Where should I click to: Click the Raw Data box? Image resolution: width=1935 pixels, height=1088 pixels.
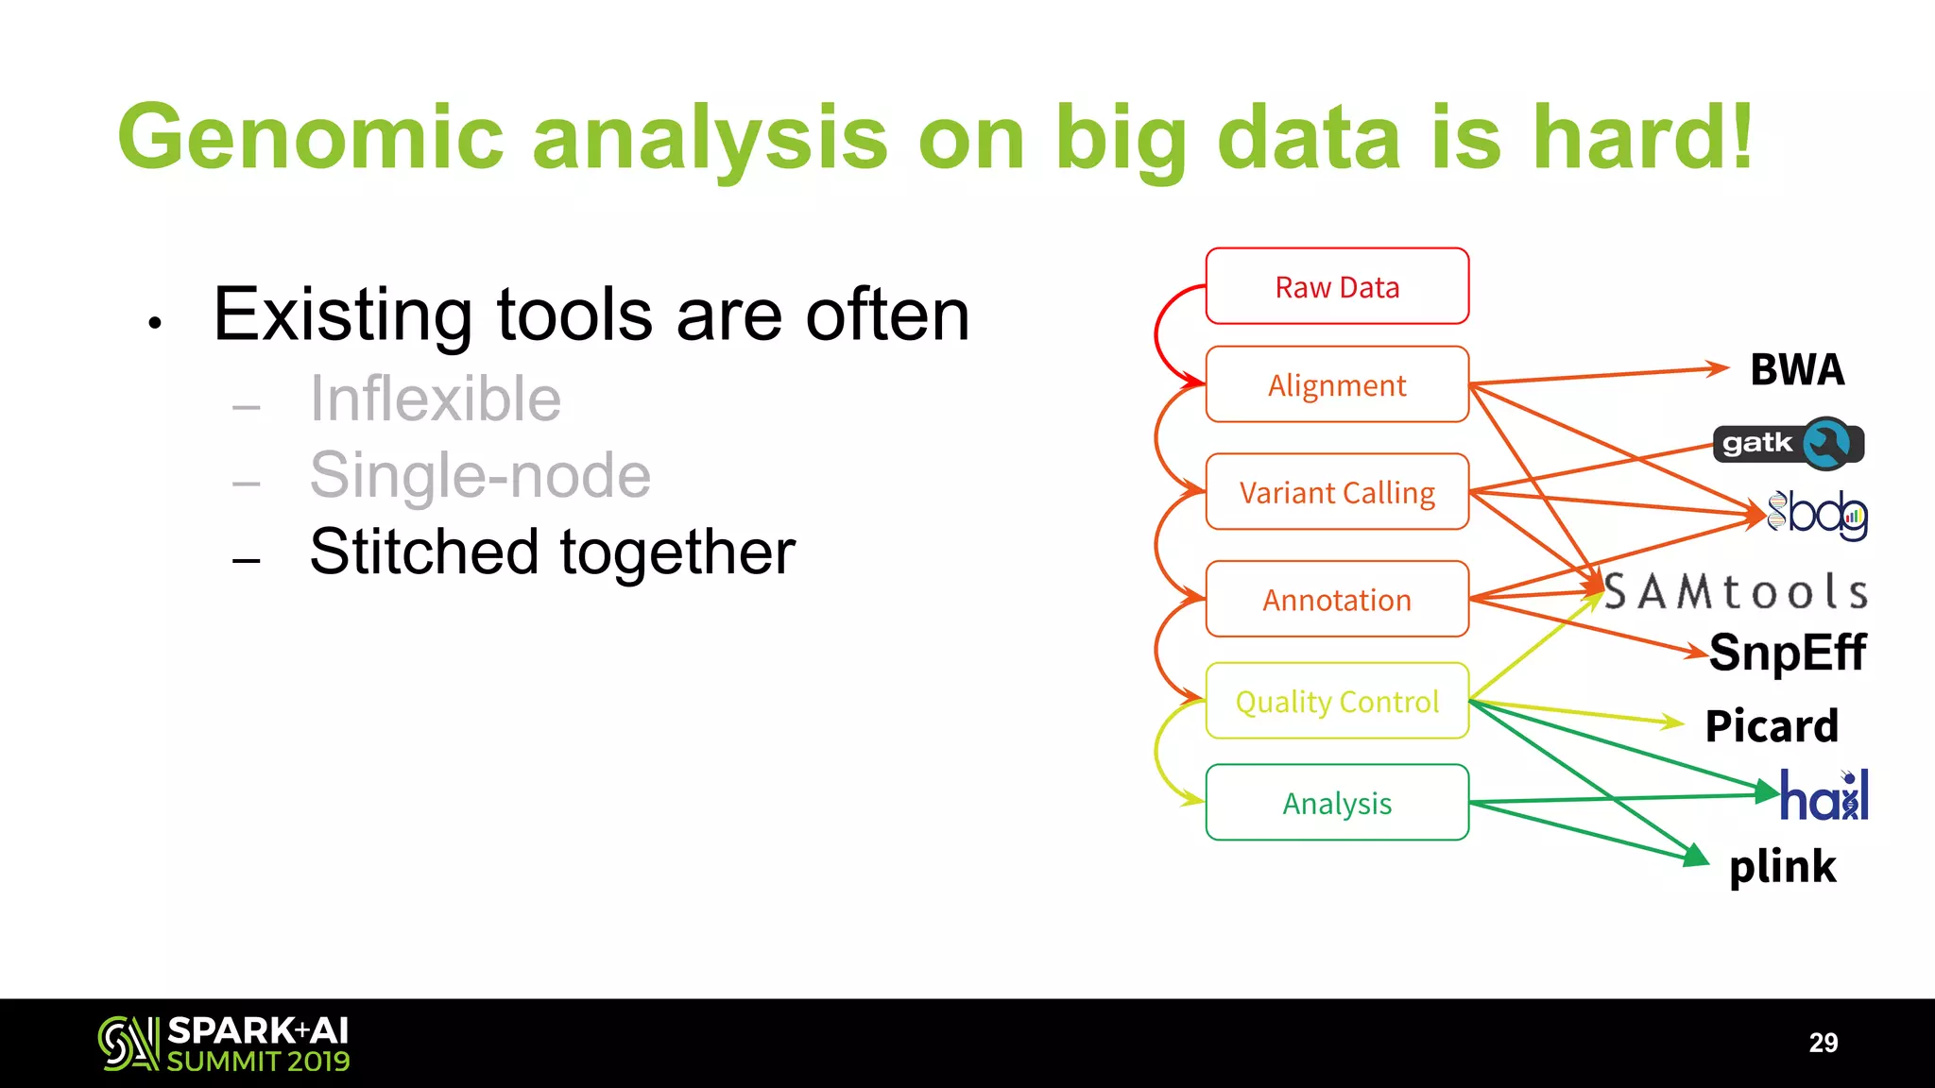(x=1337, y=286)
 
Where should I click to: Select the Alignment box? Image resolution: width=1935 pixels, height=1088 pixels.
(x=1337, y=384)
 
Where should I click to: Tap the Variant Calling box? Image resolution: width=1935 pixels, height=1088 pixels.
(x=1337, y=492)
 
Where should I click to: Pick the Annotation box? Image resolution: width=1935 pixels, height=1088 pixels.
(x=1337, y=600)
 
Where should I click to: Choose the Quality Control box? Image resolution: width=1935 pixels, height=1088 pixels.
(x=1337, y=701)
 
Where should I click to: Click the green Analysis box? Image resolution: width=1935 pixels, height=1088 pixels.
(x=1337, y=803)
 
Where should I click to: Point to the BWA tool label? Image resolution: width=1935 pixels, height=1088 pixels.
(x=1797, y=369)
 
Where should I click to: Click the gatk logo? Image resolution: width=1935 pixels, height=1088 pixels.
(x=1788, y=443)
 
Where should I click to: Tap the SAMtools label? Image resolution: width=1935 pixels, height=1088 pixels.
(x=1737, y=592)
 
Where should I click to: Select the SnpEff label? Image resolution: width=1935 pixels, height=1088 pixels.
(x=1788, y=653)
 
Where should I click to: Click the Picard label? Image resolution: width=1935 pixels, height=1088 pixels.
(x=1772, y=726)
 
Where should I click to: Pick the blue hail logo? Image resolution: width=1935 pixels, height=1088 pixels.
(x=1824, y=796)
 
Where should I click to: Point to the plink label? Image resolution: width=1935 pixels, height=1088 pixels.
(x=1782, y=866)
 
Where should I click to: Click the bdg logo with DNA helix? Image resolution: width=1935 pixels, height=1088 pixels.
(x=1817, y=515)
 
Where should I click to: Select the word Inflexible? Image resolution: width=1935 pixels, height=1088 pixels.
(x=436, y=399)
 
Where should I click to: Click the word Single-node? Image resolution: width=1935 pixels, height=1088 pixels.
(x=480, y=475)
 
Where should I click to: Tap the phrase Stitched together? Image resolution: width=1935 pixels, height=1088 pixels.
(x=552, y=552)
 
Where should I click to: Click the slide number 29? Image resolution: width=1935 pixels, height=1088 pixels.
(x=1823, y=1043)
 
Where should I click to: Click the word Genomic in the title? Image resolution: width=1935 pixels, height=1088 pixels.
(x=311, y=138)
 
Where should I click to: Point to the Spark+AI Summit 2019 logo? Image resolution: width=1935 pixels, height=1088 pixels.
(x=224, y=1044)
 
